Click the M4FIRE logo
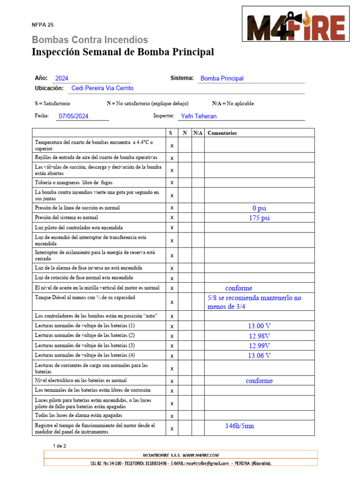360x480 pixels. tap(296, 24)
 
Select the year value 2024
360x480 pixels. tap(62, 79)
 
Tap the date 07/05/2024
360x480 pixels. tap(74, 116)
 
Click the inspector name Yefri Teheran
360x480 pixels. tap(199, 116)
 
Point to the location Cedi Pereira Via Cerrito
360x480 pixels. tap(102, 88)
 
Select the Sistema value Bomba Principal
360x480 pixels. tap(222, 79)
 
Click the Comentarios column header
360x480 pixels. tap(222, 133)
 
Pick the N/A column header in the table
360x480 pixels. tap(198, 133)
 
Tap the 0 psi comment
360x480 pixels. tap(259, 208)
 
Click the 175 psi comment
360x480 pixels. tap(259, 218)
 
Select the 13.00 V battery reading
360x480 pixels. tap(259, 326)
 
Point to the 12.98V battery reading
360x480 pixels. tap(259, 336)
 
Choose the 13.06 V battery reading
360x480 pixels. tap(259, 355)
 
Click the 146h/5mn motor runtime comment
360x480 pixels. tap(240, 426)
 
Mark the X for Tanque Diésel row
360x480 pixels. tap(172, 302)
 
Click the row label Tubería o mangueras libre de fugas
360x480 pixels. tap(74, 182)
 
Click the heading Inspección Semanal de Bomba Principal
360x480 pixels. tap(123, 52)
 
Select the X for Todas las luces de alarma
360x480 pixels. tap(172, 416)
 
